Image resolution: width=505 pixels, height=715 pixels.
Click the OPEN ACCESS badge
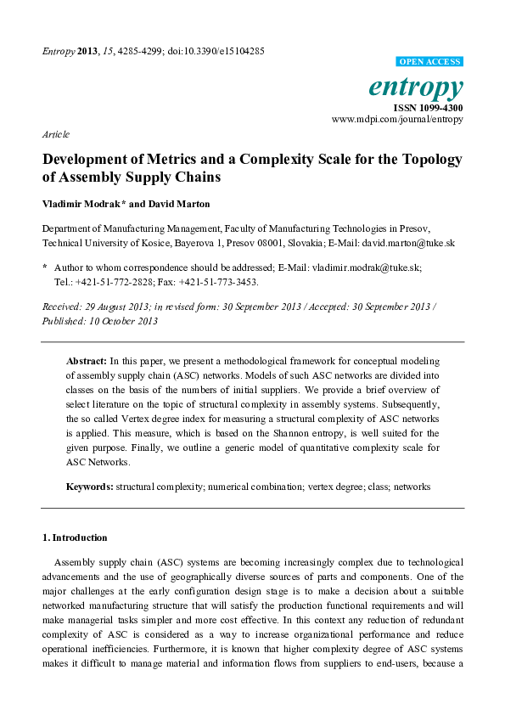pos(430,62)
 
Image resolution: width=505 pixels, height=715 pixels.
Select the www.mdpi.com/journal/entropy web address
pos(397,120)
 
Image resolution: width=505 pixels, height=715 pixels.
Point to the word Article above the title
pos(55,134)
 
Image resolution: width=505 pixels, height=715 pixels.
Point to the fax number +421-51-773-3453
pos(219,281)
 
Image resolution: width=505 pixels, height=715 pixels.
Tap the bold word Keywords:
pos(90,487)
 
